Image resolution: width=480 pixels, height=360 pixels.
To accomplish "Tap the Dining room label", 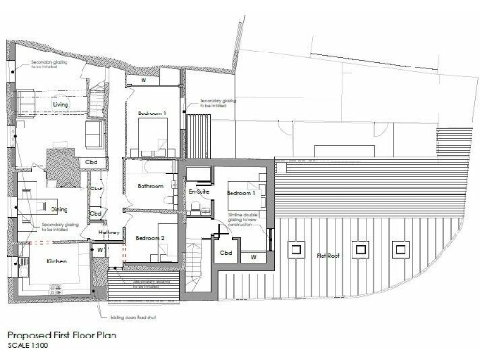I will coord(60,209).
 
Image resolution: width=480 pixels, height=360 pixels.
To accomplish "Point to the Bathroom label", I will coord(151,186).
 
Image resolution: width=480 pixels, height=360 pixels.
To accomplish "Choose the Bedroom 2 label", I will coord(149,238).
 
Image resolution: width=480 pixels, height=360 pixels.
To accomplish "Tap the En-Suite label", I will coord(198,192).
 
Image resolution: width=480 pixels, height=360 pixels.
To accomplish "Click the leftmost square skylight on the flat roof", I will coord(295,249).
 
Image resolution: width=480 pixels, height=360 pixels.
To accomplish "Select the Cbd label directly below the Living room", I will coord(92,161).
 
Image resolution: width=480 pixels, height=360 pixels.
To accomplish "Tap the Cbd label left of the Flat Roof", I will coord(226,253).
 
